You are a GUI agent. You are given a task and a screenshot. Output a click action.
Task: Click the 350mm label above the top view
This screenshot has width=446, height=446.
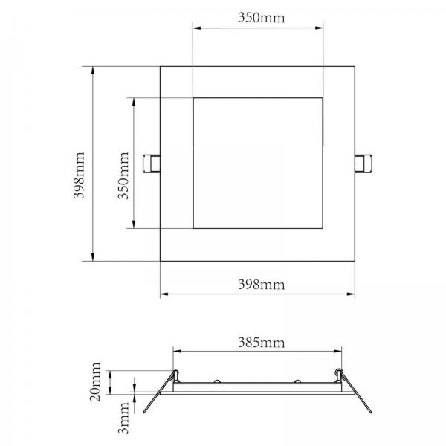click(x=261, y=18)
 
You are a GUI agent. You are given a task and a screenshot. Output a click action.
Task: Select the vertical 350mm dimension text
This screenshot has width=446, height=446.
click(x=123, y=175)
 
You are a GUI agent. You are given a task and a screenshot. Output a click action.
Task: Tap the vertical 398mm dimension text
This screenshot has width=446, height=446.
click(x=79, y=175)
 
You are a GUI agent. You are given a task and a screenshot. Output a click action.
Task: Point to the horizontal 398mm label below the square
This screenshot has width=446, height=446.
click(x=261, y=285)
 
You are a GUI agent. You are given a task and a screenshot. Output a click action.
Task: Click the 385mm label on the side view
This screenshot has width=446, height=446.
click(x=261, y=343)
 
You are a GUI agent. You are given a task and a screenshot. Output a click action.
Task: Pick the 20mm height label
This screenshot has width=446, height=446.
click(x=95, y=382)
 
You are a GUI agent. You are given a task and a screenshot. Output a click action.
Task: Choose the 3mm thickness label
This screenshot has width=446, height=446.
click(x=123, y=418)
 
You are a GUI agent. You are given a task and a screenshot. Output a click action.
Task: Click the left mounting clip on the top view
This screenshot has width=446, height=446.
click(x=152, y=164)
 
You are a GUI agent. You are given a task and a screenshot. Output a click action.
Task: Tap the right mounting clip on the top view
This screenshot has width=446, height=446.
click(x=363, y=164)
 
